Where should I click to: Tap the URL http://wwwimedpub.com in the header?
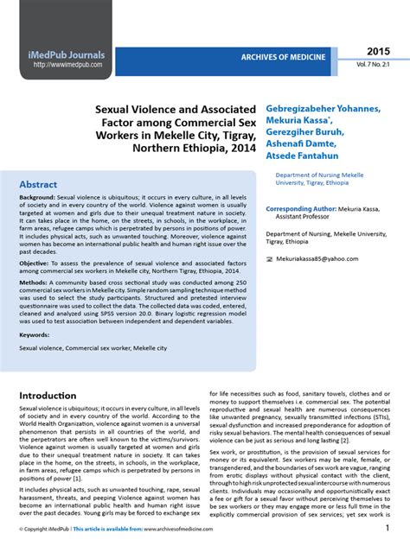click(68, 65)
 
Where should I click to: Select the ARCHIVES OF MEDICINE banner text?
click(284, 57)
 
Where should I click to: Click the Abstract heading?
click(39, 185)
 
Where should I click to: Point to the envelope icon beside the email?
click(270, 258)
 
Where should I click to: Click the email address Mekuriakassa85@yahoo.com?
click(317, 258)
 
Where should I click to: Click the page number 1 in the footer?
click(388, 527)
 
